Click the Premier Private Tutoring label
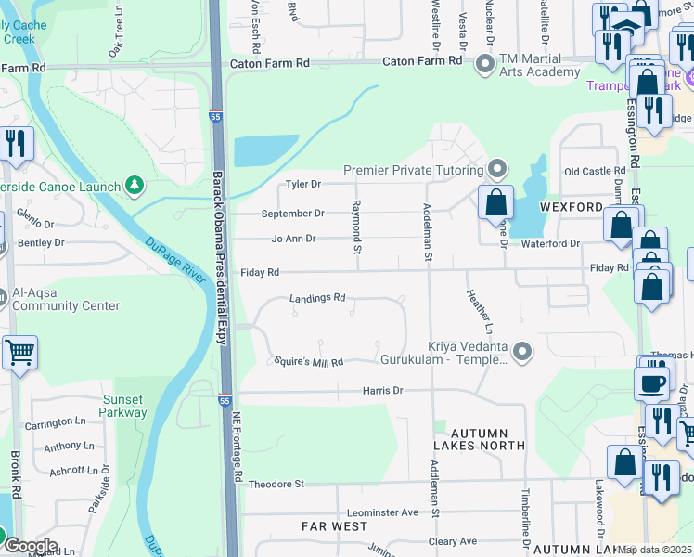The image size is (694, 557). coord(414,170)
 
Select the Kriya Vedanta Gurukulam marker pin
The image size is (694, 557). coord(522,351)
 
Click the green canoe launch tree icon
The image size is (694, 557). coord(135,186)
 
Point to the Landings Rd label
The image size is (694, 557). coord(317,298)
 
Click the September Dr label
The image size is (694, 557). coord(292,214)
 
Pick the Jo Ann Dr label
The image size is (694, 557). coord(293,239)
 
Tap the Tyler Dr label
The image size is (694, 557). coord(302,185)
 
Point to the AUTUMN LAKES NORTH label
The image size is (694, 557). coord(479,439)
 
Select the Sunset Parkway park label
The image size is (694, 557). coord(122,406)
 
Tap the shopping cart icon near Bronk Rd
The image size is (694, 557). coord(19,353)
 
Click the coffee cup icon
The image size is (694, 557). coord(651,382)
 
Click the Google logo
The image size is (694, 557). coord(31,546)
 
